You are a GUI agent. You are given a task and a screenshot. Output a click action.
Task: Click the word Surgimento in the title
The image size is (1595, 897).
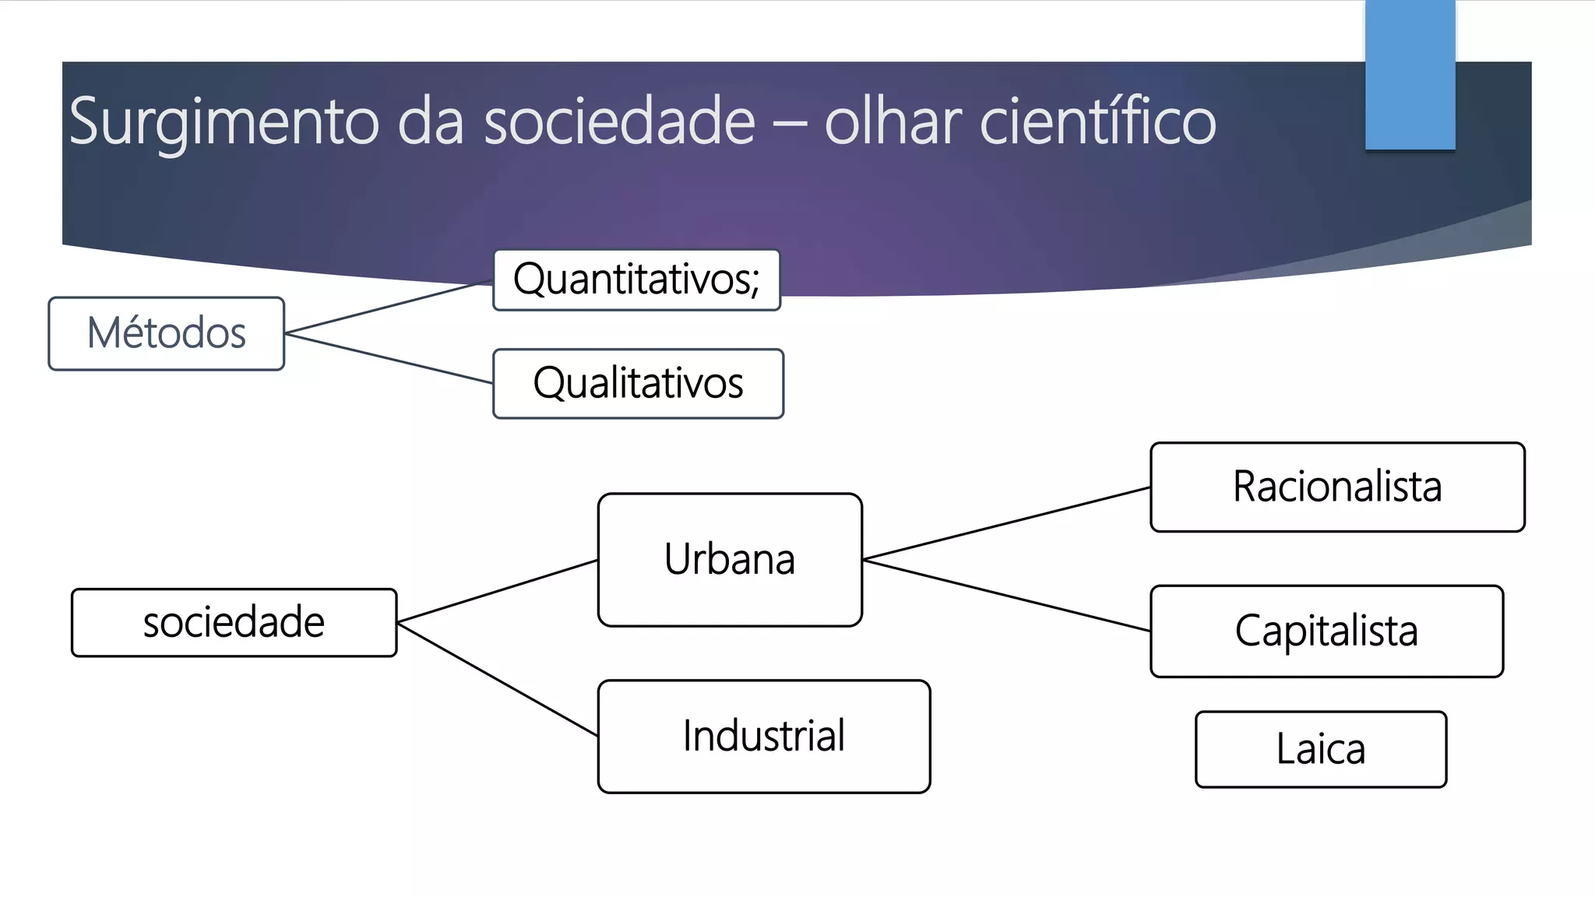224,122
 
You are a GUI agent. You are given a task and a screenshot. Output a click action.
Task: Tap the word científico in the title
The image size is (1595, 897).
1097,122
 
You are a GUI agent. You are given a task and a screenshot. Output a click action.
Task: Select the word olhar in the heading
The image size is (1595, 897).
893,122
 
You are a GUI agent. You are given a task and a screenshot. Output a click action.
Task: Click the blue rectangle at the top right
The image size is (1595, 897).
1410,75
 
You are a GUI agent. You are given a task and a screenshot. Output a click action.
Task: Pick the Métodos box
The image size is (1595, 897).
166,333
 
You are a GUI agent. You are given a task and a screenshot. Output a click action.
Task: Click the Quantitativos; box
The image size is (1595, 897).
636,280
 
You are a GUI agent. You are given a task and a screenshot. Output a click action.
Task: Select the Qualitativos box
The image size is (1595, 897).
638,383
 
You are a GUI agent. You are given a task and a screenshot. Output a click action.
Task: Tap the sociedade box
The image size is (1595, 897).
234,622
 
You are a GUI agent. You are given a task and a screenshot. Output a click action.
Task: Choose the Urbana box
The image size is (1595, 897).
730,559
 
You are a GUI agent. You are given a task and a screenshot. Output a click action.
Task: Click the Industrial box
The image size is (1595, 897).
763,736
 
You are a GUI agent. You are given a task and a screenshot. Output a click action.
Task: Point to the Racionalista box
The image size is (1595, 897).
1336,487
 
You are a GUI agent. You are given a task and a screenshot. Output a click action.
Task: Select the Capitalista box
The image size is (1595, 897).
1326,631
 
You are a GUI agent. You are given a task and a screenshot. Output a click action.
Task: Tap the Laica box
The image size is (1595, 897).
1320,749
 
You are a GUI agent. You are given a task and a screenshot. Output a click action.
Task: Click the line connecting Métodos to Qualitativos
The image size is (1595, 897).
389,358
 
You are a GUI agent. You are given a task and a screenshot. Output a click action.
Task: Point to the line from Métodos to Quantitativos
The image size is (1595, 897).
389,307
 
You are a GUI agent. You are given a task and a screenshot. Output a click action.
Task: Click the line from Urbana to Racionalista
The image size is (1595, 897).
1006,523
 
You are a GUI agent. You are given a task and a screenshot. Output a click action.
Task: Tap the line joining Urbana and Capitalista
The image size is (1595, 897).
1006,596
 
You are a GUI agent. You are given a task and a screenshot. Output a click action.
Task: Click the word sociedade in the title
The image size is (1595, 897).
619,122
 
